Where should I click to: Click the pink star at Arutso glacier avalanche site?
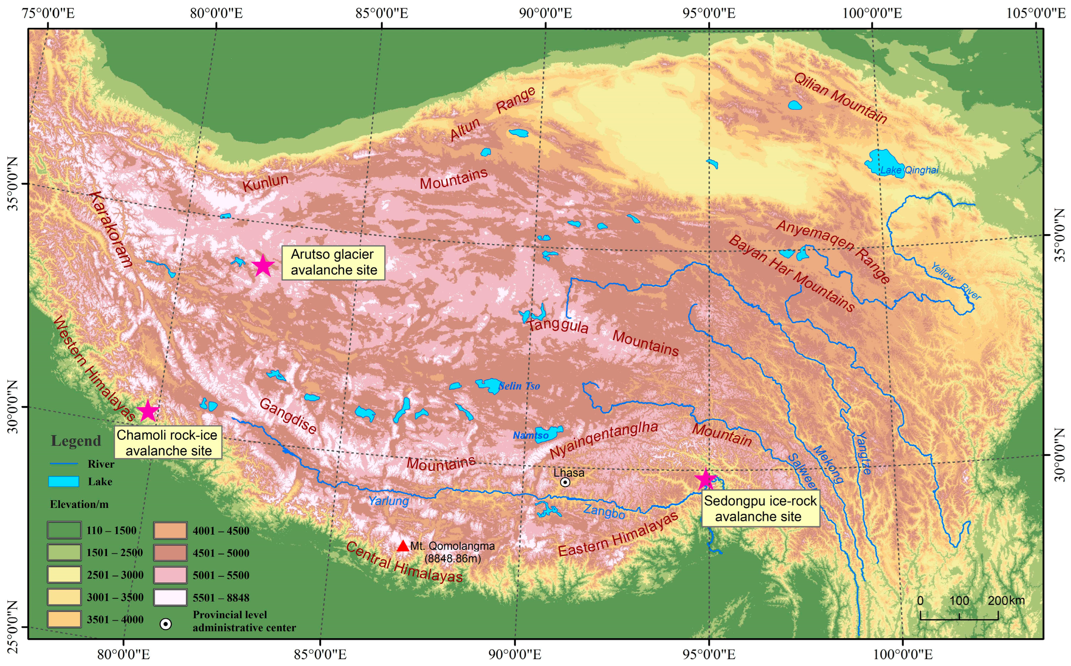coord(263,266)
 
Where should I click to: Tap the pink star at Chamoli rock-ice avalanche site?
coord(148,411)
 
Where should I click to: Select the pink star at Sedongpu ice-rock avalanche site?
coord(706,480)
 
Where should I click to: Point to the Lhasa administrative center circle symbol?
coord(565,482)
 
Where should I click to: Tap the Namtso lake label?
coord(530,436)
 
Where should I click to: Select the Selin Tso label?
coord(519,386)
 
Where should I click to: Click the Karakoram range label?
coord(110,229)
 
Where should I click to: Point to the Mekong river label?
coord(828,464)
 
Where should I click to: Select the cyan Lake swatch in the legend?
coord(64,481)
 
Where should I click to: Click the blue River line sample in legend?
coord(64,464)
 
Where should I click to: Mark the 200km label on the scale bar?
coord(1006,601)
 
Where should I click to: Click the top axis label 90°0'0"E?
coord(545,13)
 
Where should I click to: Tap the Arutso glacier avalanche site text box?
coord(333,263)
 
